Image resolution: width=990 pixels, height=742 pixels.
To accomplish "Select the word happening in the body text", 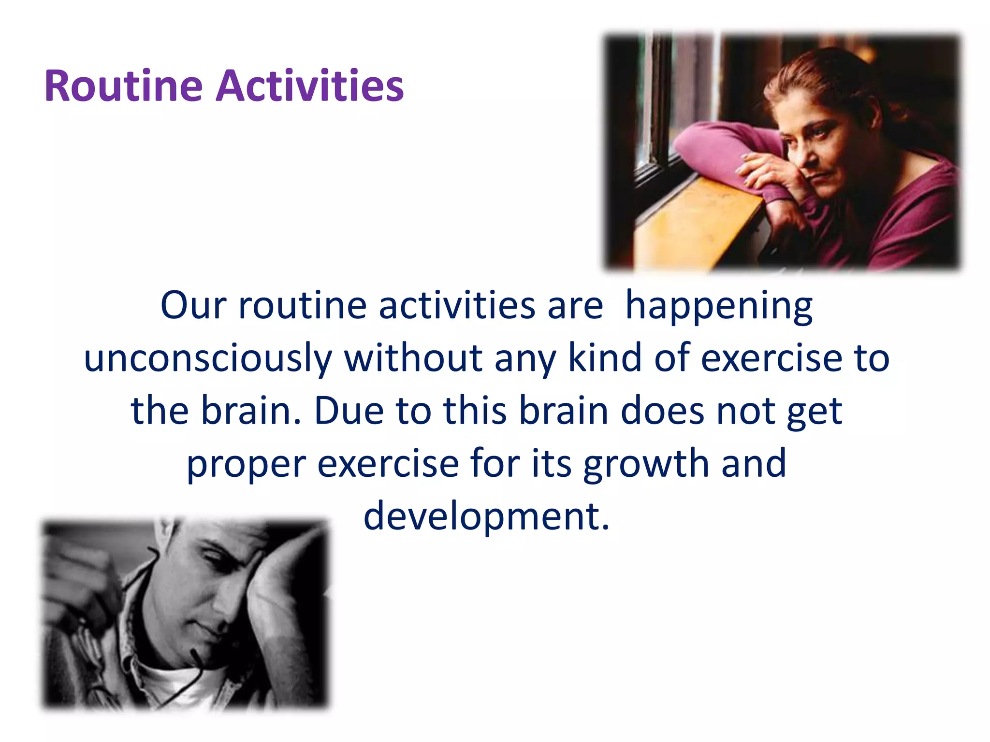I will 719,306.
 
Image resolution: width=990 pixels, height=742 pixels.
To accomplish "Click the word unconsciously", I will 208,358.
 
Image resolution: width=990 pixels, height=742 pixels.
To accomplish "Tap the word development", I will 486,516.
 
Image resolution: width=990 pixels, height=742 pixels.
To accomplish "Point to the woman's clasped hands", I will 769,174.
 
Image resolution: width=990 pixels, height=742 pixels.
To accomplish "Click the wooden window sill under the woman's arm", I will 696,222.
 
